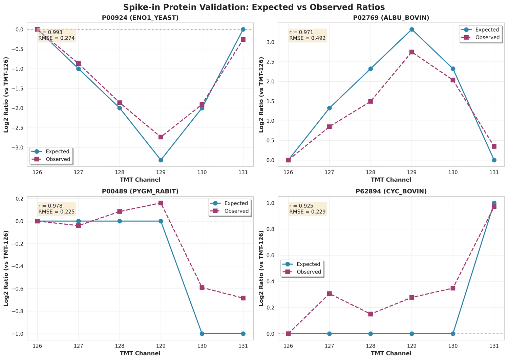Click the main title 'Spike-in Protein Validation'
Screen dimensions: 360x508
click(x=254, y=7)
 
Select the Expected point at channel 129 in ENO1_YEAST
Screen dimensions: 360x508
click(x=161, y=160)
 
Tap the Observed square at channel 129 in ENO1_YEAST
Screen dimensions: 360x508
click(x=161, y=137)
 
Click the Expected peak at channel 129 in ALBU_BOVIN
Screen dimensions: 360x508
click(x=411, y=29)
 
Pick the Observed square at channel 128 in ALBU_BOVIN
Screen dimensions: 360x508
click(x=371, y=101)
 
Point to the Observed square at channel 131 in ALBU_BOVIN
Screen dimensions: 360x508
click(x=494, y=146)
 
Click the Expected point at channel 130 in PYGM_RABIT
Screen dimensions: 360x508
click(x=202, y=334)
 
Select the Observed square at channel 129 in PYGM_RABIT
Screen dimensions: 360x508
click(x=161, y=203)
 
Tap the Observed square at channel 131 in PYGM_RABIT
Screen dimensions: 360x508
click(x=243, y=298)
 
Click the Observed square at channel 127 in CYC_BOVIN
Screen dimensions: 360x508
click(x=329, y=294)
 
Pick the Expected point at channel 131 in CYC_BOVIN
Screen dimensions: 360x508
click(x=494, y=203)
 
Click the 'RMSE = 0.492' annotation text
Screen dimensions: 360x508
click(x=307, y=38)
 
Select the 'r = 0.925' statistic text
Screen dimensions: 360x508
click(x=301, y=206)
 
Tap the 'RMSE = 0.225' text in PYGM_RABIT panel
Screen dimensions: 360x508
click(x=56, y=212)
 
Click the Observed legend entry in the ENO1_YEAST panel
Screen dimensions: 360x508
click(x=58, y=159)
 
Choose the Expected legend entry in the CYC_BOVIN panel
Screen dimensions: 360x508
click(x=308, y=264)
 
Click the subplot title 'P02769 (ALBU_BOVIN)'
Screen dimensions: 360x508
click(x=391, y=18)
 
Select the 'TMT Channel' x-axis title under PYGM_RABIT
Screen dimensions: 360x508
click(x=140, y=353)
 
